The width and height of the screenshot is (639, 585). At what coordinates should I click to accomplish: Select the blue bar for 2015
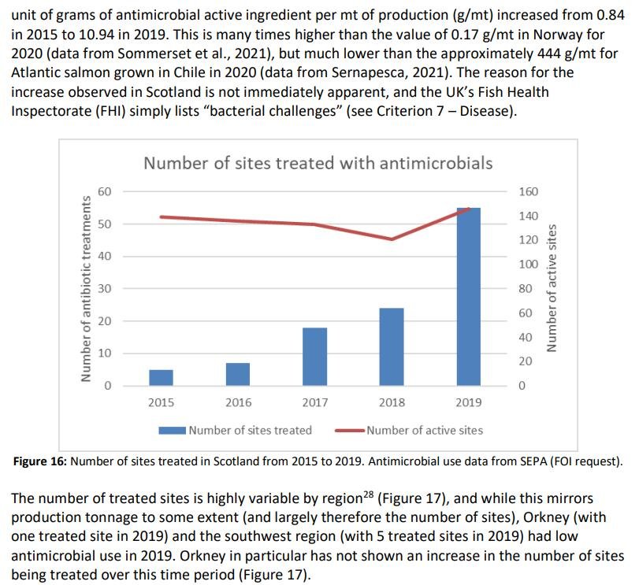[161, 377]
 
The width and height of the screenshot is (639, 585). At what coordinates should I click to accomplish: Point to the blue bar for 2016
[238, 374]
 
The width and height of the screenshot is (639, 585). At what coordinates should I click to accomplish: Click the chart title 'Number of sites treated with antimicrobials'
[318, 163]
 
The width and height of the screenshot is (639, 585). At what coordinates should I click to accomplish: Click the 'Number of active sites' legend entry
[425, 430]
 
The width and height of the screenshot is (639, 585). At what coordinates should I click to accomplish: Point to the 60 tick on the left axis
[106, 191]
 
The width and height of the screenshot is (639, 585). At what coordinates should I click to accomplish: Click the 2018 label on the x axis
[392, 402]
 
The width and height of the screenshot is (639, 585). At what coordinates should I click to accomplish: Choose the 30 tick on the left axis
[106, 289]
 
